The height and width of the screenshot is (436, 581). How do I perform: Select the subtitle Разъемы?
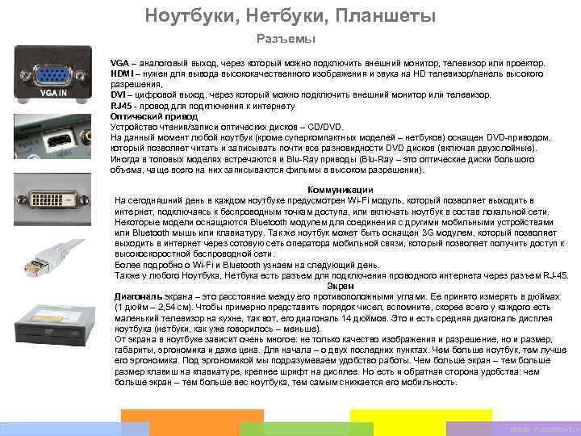285,39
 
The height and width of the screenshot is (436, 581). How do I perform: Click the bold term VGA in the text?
119,63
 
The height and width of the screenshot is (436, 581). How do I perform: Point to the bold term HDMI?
122,73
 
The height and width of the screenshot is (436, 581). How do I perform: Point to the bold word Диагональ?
140,297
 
